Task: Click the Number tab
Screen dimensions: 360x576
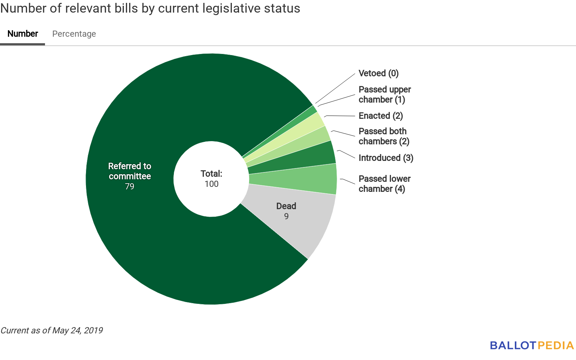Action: pyautogui.click(x=23, y=34)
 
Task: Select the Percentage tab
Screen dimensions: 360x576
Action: pyautogui.click(x=74, y=34)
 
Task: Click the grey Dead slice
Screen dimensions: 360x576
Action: pyautogui.click(x=295, y=223)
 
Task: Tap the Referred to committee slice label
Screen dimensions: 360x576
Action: pyautogui.click(x=130, y=171)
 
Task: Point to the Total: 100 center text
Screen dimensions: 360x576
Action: pyautogui.click(x=211, y=179)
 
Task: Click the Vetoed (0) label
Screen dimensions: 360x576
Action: pyautogui.click(x=378, y=73)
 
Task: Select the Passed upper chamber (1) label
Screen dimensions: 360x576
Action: pyautogui.click(x=384, y=94)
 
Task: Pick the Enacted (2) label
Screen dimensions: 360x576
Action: pyautogui.click(x=381, y=116)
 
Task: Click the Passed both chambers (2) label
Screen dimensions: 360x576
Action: pyautogui.click(x=384, y=136)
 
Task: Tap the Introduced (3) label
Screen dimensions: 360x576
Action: pyautogui.click(x=386, y=158)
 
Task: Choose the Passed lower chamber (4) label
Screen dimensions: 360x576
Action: pyautogui.click(x=384, y=184)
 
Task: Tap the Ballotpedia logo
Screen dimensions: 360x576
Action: pyautogui.click(x=531, y=346)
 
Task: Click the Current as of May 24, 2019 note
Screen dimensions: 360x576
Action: pyautogui.click(x=51, y=330)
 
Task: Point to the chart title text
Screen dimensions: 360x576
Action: pyautogui.click(x=150, y=8)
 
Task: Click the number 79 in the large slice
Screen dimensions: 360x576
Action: pyautogui.click(x=130, y=186)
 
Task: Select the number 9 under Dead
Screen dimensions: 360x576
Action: pyautogui.click(x=286, y=216)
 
